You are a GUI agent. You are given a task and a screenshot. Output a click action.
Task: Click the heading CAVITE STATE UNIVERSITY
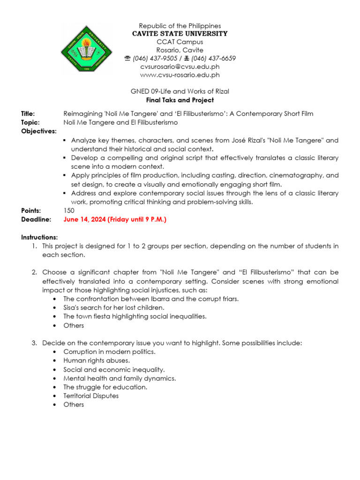[180, 34]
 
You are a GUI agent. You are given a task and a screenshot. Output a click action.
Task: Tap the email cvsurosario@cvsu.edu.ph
[180, 67]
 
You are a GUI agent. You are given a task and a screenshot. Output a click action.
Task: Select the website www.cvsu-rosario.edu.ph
[180, 75]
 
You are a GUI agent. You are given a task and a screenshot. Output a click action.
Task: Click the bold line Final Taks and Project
[180, 100]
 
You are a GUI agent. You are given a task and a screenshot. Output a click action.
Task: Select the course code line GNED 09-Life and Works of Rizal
[180, 91]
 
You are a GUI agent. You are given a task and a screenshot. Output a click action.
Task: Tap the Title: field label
[28, 114]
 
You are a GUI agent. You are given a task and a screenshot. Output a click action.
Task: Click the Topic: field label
[29, 122]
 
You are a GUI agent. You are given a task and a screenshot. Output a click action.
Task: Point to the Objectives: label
[38, 131]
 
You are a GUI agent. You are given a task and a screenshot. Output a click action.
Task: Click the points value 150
[69, 211]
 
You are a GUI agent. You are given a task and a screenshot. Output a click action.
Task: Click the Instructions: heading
[39, 238]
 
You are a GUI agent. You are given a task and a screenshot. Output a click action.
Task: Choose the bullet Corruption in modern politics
[109, 352]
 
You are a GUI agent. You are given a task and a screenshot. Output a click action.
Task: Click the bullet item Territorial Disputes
[91, 396]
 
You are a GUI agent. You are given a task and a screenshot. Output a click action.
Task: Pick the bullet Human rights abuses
[97, 360]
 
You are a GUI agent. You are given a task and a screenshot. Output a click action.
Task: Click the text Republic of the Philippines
[180, 26]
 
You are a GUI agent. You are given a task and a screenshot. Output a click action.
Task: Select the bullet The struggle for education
[105, 387]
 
